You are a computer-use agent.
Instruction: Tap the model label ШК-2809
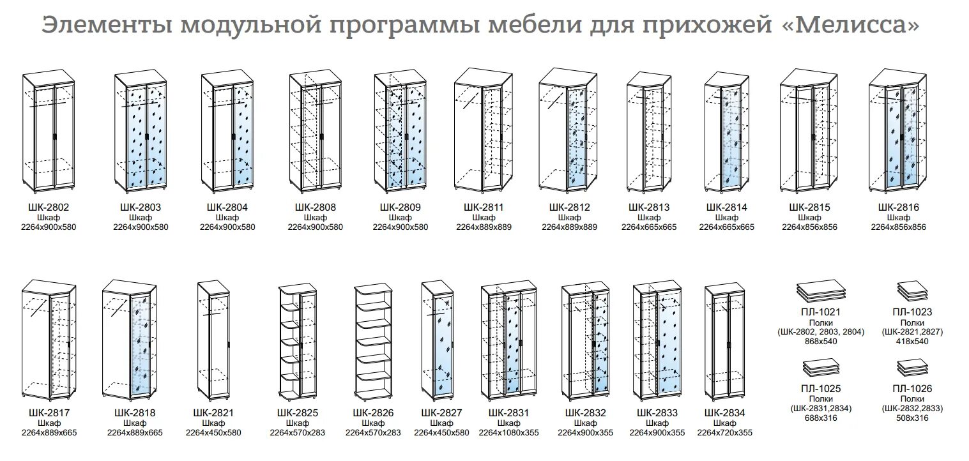coord(401,208)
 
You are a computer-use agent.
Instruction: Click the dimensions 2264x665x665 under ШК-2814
coord(727,227)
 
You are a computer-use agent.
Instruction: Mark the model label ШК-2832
coord(586,413)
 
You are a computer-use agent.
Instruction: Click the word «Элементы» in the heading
coord(107,26)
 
